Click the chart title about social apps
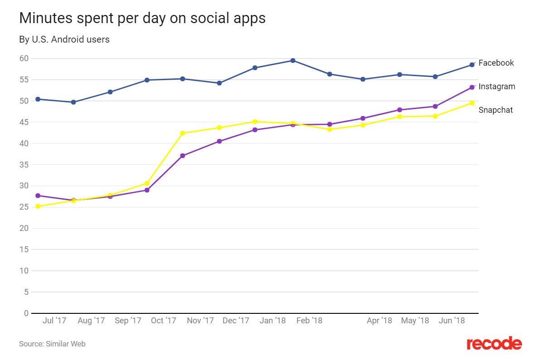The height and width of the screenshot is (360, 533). pyautogui.click(x=142, y=18)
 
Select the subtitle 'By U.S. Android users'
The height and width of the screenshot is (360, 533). pyautogui.click(x=64, y=39)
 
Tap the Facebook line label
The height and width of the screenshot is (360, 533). pyautogui.click(x=496, y=63)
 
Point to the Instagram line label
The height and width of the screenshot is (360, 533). pyautogui.click(x=497, y=86)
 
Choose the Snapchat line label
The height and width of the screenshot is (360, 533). pyautogui.click(x=496, y=110)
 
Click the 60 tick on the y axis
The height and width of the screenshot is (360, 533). pyautogui.click(x=24, y=58)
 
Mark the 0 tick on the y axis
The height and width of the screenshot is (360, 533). pyautogui.click(x=26, y=313)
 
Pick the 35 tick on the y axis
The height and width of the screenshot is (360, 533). pyautogui.click(x=24, y=165)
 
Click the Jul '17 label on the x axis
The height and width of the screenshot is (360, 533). pyautogui.click(x=54, y=321)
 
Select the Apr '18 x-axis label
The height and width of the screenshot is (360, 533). pyautogui.click(x=379, y=321)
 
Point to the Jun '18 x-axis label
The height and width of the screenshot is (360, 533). pyautogui.click(x=452, y=321)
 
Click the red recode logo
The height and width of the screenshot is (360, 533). pyautogui.click(x=494, y=343)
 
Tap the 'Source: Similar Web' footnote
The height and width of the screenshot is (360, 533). pyautogui.click(x=52, y=344)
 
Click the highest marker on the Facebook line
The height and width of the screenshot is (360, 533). pyautogui.click(x=293, y=61)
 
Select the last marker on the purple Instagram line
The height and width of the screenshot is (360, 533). pyautogui.click(x=472, y=87)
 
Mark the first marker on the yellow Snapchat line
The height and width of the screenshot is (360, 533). pyautogui.click(x=38, y=206)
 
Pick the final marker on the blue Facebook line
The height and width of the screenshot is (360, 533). pyautogui.click(x=472, y=65)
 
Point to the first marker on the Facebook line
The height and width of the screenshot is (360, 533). pyautogui.click(x=38, y=99)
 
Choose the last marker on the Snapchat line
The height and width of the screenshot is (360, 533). pyautogui.click(x=472, y=103)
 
